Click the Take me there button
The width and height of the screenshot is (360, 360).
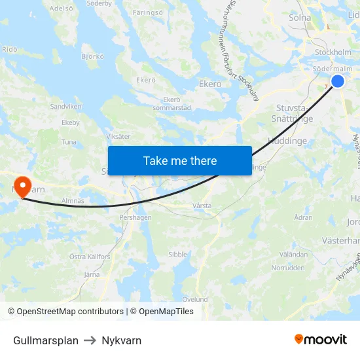click(x=180, y=160)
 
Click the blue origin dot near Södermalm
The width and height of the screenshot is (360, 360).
click(x=338, y=81)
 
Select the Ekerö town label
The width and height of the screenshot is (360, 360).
click(x=210, y=84)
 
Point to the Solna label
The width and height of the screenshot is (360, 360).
click(x=300, y=18)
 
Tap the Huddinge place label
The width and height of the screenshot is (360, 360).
click(x=287, y=140)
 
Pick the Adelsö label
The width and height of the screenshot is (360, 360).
click(x=61, y=9)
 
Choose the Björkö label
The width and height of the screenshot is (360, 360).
click(x=92, y=56)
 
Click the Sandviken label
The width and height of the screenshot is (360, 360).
click(x=65, y=105)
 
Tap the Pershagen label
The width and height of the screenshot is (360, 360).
click(x=135, y=217)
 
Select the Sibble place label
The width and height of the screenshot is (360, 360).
click(x=177, y=255)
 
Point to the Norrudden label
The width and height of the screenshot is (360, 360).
click(x=288, y=268)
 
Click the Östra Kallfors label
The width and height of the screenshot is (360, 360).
click(x=90, y=257)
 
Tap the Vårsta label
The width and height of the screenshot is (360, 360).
click(x=202, y=205)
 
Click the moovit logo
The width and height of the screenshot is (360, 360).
click(x=320, y=340)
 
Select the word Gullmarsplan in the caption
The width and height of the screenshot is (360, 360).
click(x=46, y=340)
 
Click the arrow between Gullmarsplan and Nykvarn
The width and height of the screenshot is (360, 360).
click(x=90, y=340)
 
